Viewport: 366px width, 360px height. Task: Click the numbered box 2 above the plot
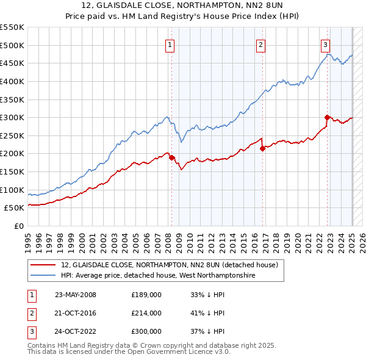260,44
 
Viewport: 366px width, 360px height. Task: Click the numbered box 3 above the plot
326,44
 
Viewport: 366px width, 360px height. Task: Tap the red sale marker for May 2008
171,157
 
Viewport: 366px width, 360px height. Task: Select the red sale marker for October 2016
262,148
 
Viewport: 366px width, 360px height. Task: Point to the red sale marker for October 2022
328,117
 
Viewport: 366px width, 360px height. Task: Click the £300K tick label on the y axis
12,117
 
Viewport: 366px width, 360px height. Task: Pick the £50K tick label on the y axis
15,207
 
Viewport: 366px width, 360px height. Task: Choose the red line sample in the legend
43,265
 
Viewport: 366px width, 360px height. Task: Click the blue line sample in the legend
43,276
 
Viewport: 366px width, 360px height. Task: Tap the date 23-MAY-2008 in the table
76,295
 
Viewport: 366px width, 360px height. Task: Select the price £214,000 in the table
146,313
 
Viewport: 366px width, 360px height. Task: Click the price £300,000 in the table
146,331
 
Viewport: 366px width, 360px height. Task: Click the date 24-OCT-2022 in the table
76,331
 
